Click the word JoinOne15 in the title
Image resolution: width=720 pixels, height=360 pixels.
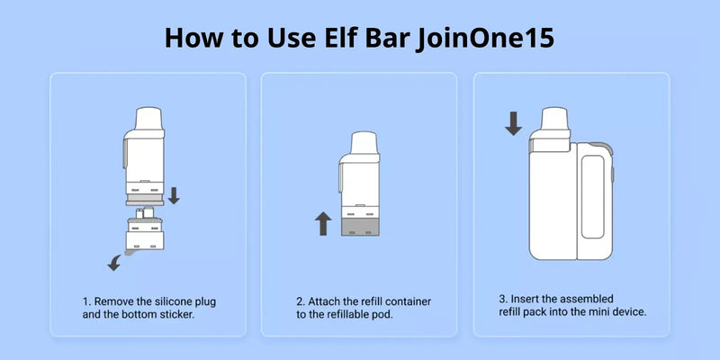point(486,38)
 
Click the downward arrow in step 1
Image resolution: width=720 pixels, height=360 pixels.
point(174,195)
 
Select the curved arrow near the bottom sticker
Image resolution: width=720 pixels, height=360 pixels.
point(113,264)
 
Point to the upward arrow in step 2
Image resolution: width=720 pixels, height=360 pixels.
point(323,223)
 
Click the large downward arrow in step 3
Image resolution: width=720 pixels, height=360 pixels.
point(513,123)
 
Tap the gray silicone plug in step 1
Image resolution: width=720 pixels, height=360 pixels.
point(145,199)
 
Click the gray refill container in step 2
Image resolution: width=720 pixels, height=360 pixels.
point(361,227)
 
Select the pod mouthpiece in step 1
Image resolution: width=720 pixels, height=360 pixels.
point(148,118)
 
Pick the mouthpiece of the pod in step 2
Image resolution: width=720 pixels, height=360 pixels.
point(364,143)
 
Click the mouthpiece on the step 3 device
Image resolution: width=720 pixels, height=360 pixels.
point(554,119)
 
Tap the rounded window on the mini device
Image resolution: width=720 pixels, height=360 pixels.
point(592,196)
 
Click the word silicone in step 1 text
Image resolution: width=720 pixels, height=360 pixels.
point(175,302)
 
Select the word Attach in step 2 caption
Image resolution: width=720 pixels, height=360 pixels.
point(323,302)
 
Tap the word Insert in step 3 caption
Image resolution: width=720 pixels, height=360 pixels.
point(524,299)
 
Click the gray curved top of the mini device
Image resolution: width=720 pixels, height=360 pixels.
point(603,147)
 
